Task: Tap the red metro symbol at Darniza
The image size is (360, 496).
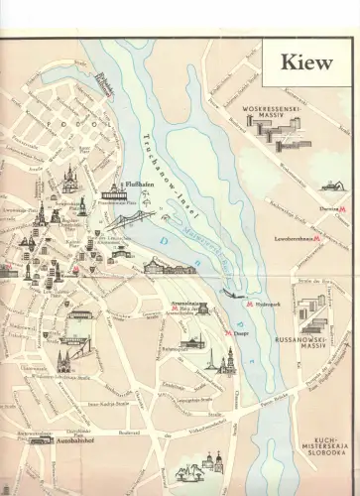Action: [343, 210]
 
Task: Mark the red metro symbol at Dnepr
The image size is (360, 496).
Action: [229, 334]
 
